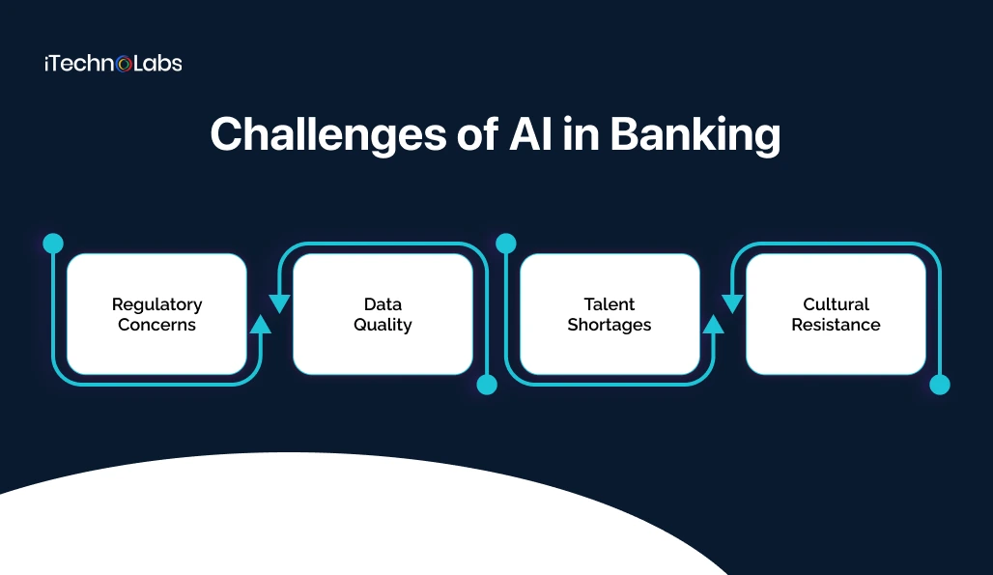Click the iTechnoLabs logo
click(113, 64)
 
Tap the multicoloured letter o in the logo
click(124, 65)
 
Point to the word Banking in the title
click(695, 135)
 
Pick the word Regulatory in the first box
click(156, 304)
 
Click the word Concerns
click(156, 325)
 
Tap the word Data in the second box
click(383, 304)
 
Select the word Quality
click(383, 326)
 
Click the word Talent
click(610, 304)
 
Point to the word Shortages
click(610, 325)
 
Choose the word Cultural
click(837, 304)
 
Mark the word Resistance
click(837, 325)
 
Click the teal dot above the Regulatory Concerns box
click(53, 243)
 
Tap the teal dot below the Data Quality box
click(487, 385)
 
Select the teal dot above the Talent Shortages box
click(506, 243)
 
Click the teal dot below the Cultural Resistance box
click(940, 385)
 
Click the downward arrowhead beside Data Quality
click(279, 303)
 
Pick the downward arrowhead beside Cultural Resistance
click(732, 303)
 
